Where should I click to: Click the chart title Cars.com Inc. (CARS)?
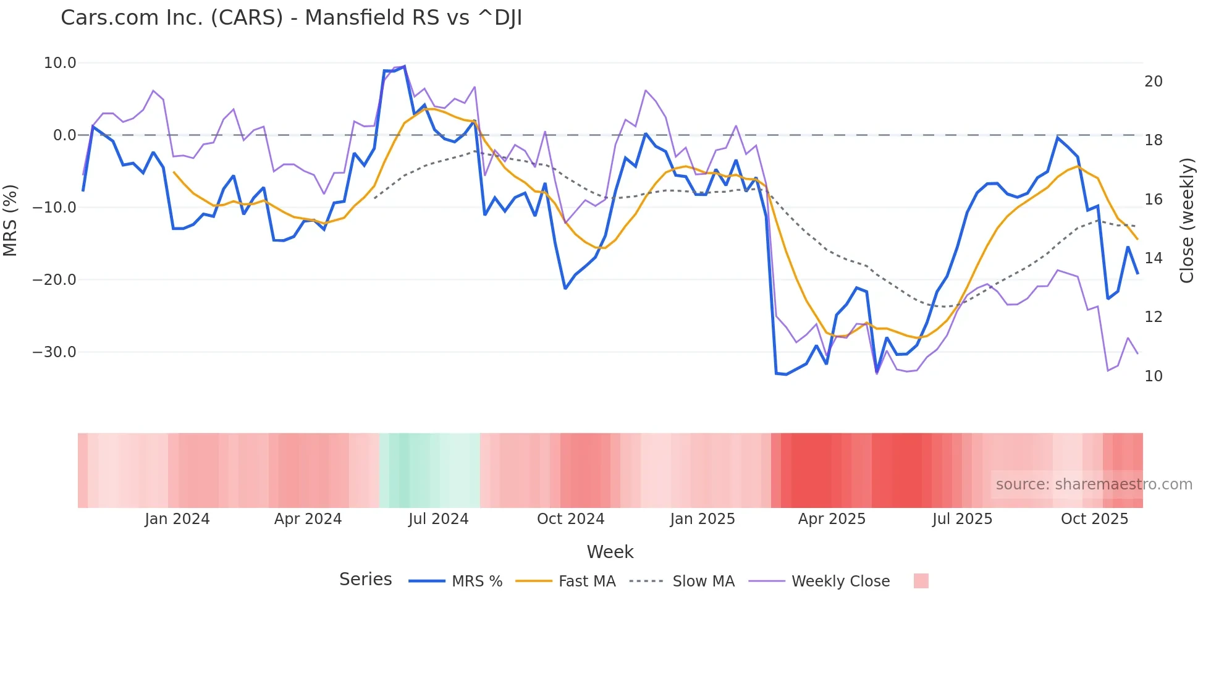click(291, 18)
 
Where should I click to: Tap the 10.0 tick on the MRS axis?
click(60, 63)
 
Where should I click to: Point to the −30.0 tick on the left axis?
click(54, 352)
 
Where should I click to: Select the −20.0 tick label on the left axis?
click(54, 280)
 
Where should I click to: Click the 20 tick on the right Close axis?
click(1153, 82)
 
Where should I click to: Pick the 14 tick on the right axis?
click(1153, 258)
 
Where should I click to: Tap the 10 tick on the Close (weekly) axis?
click(1153, 376)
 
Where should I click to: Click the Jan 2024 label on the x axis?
click(177, 519)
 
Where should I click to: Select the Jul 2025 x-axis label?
click(962, 519)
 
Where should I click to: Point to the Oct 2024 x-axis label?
click(570, 519)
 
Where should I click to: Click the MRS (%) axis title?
click(11, 221)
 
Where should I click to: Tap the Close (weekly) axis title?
click(1187, 221)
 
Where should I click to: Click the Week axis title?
click(610, 552)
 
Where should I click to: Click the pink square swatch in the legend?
click(921, 581)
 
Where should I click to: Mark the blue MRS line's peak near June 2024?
click(404, 66)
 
